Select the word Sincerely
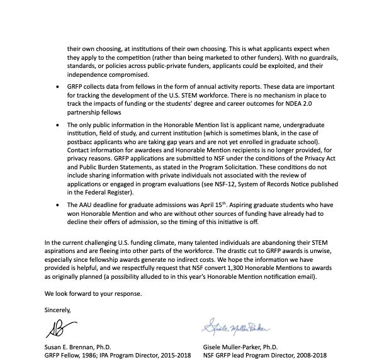click(x=58, y=310)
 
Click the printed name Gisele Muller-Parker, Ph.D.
click(x=249, y=347)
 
